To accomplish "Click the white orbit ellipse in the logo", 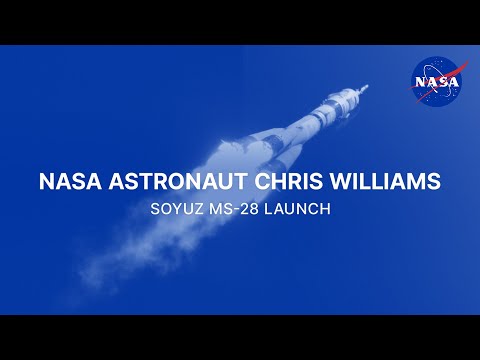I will pyautogui.click(x=424, y=92).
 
